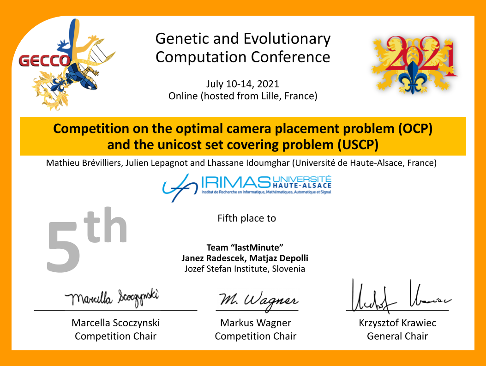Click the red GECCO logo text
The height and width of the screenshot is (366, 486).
coord(45,61)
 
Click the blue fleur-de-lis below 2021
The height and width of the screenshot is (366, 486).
coord(413,78)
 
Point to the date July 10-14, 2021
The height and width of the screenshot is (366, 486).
coord(243,84)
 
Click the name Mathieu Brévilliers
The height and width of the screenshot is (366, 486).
coord(84,163)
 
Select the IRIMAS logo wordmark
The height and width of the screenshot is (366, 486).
coord(236,182)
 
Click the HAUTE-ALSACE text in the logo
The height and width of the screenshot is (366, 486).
coord(302,186)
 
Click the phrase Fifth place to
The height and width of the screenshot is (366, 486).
coord(247,218)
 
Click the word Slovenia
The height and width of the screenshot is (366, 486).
coord(288,269)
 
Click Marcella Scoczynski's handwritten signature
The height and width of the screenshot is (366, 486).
coord(112,298)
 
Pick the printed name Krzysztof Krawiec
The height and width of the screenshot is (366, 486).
coord(397,323)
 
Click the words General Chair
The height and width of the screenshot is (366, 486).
coord(397,336)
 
